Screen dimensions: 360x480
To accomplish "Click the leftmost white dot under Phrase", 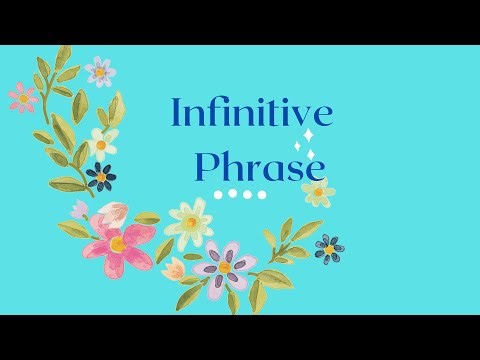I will pyautogui.click(x=219, y=194).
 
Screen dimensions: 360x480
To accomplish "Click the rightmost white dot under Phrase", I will pyautogui.click(x=262, y=194).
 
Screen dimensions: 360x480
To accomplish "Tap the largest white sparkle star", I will pyautogui.click(x=308, y=136).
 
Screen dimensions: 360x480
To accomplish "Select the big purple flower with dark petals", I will pyautogui.click(x=225, y=266).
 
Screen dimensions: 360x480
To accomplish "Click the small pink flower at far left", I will pyautogui.click(x=22, y=97).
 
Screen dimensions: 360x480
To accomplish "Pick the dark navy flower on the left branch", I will pyautogui.click(x=101, y=177).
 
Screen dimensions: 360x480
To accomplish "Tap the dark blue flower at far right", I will pyautogui.click(x=328, y=247).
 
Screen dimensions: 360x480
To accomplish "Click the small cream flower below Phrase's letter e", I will pyautogui.click(x=318, y=190).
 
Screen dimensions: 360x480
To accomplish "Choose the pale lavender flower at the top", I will pyautogui.click(x=100, y=71).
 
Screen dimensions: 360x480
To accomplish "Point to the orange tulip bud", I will pyautogui.click(x=174, y=268).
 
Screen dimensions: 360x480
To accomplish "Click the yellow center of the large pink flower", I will pyautogui.click(x=118, y=243).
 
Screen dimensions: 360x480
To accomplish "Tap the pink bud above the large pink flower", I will pyautogui.click(x=113, y=212).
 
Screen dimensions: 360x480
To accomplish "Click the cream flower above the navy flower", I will pyautogui.click(x=102, y=143).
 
